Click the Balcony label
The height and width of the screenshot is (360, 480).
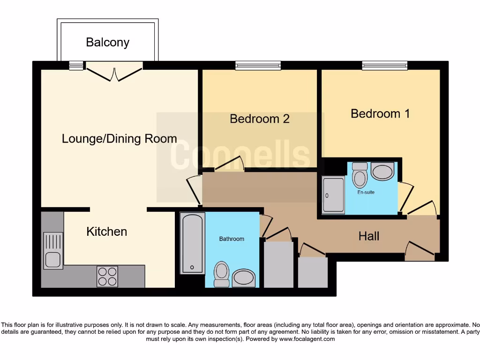(x=107, y=42)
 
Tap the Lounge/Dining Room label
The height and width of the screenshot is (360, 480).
(x=119, y=139)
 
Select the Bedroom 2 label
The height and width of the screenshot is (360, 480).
(x=259, y=119)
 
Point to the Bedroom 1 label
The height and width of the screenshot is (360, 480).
(x=380, y=113)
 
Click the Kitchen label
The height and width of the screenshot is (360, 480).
(x=106, y=232)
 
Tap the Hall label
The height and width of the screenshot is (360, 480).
(x=369, y=236)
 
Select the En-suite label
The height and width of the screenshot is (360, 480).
(x=366, y=192)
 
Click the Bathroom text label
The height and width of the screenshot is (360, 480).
(x=232, y=239)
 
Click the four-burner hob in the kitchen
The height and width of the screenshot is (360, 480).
(x=107, y=276)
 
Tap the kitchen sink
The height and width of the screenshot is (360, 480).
(x=53, y=251)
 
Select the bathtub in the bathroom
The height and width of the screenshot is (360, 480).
(x=193, y=243)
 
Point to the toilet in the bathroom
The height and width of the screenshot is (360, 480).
(x=221, y=273)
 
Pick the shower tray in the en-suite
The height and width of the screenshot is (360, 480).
(x=333, y=195)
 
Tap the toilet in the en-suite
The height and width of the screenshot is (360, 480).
(x=360, y=175)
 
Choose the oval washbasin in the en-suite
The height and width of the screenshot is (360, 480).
(x=382, y=171)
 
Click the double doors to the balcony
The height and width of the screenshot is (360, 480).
(x=114, y=73)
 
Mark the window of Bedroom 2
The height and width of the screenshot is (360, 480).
(x=258, y=66)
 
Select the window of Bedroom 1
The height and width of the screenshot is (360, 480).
(x=384, y=66)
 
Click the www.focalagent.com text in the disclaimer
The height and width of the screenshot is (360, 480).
(x=307, y=339)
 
